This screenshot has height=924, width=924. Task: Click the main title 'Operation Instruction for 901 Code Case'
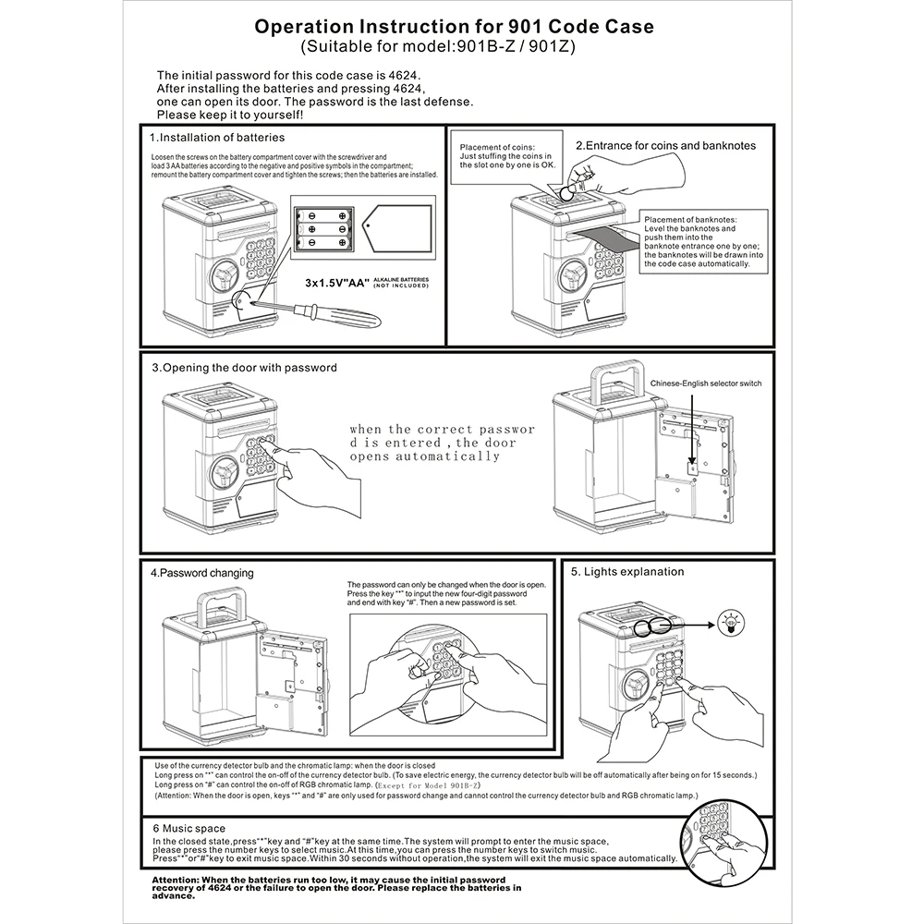coord(454,27)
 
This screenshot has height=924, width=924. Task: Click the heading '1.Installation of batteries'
coord(217,138)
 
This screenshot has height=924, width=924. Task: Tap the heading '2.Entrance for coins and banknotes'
coord(665,145)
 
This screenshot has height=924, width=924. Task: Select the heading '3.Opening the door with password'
coord(244,367)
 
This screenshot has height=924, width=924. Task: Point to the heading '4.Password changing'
coord(201,573)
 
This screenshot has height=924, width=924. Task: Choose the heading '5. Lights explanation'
coord(627,572)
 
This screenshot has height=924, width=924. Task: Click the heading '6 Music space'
coord(188,829)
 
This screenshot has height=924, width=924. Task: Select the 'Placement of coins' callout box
coord(507,156)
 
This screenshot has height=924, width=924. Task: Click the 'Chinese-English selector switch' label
coord(706,383)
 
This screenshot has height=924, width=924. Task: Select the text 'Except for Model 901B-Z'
coord(427,784)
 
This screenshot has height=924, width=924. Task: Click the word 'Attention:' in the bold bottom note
coord(174,880)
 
